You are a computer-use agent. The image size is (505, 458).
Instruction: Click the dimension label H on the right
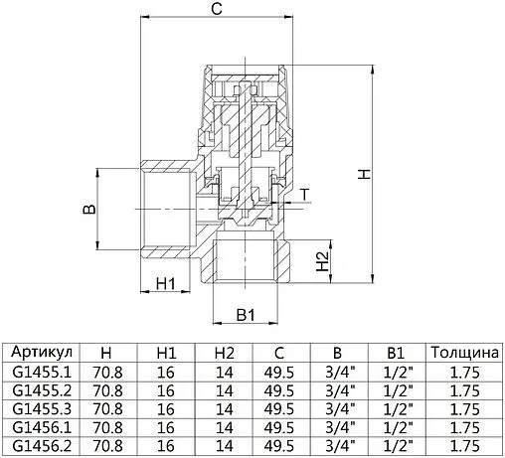pos(365,173)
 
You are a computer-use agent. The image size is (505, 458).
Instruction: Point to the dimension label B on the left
pos(87,211)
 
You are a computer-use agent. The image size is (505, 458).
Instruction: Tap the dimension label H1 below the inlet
pos(166,284)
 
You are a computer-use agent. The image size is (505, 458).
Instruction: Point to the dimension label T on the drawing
pos(304,192)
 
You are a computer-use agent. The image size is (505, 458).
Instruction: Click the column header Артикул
pos(40,354)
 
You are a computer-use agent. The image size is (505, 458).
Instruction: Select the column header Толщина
pos(462,354)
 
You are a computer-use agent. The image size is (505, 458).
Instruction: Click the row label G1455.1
pos(40,373)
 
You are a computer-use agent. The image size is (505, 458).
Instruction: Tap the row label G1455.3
pos(40,409)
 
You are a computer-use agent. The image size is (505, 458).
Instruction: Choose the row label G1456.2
pos(40,446)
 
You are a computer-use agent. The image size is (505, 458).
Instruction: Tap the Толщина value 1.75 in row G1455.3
pos(462,409)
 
